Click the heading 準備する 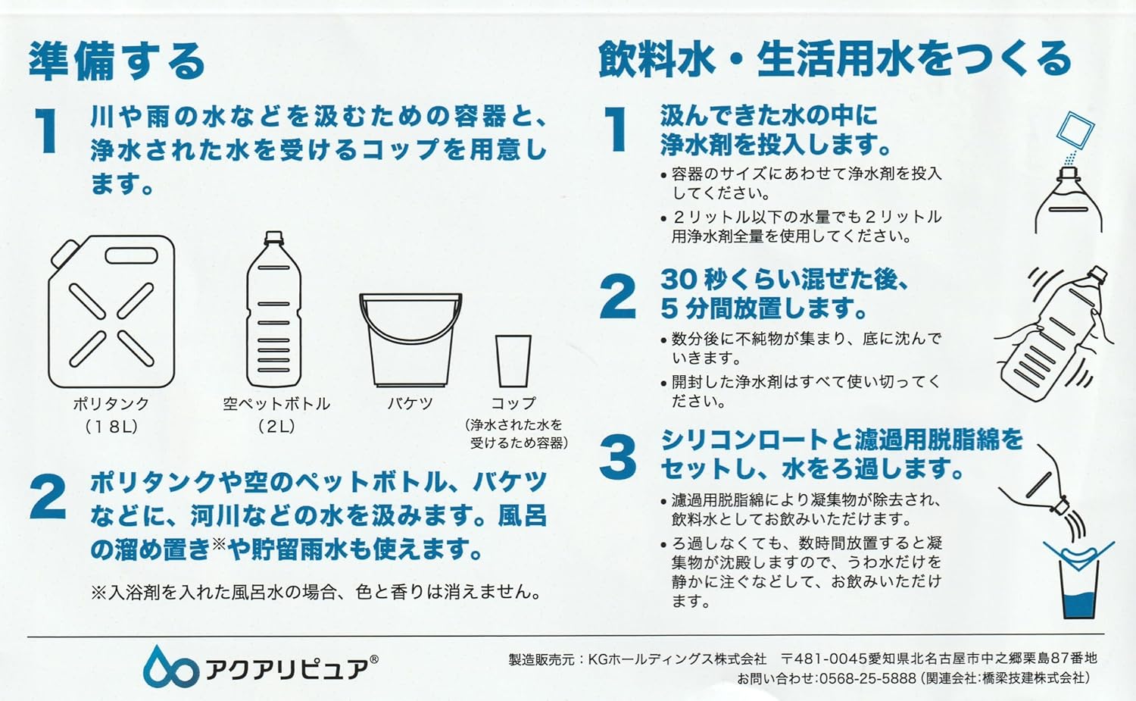[117, 61]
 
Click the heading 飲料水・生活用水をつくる [835, 60]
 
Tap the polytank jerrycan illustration [111, 311]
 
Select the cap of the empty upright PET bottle [274, 237]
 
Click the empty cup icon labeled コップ [513, 361]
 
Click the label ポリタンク [111, 404]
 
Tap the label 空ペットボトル [276, 404]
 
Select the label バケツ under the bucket [410, 403]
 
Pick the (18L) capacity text [111, 427]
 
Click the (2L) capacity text [276, 427]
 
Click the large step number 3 [617, 457]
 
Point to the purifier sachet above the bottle [1075, 131]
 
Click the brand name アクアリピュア [286, 668]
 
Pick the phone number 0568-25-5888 [868, 679]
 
